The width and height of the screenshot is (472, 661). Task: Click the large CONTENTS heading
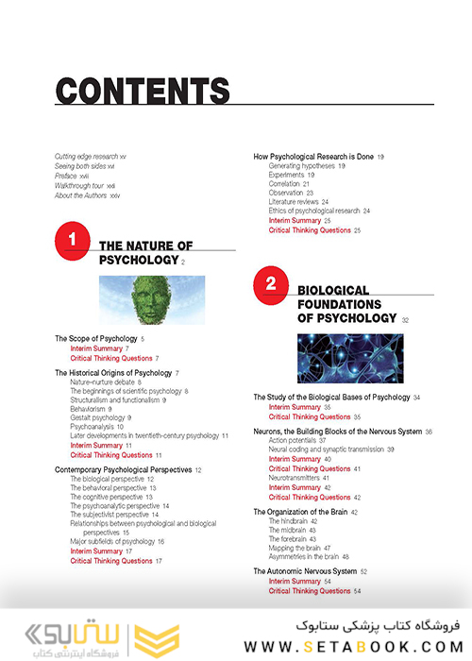pyautogui.click(x=143, y=91)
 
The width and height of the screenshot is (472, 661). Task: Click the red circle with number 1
pyautogui.click(x=72, y=240)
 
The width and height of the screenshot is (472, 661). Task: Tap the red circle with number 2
pyautogui.click(x=270, y=282)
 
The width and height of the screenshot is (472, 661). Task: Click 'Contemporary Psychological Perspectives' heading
pyautogui.click(x=123, y=469)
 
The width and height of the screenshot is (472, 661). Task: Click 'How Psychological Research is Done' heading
pyautogui.click(x=316, y=156)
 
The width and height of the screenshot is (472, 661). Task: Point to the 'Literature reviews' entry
pyautogui.click(x=298, y=201)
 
